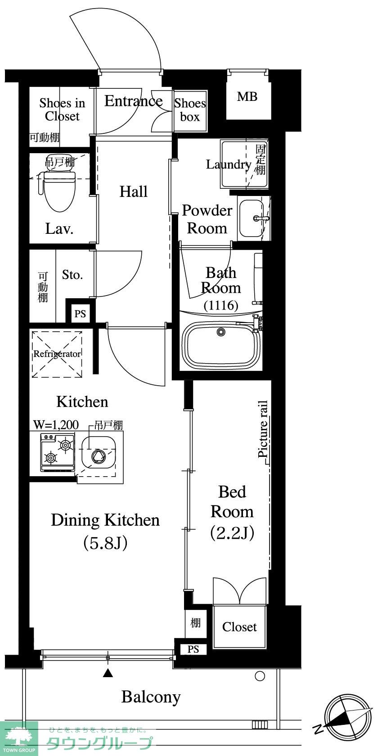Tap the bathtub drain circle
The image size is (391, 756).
coord(221,332)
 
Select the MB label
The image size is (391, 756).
coord(247,97)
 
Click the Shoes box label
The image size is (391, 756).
coord(190,110)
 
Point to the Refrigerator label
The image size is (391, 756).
coord(57,354)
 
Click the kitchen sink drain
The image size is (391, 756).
coord(99,456)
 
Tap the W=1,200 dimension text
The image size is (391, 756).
coord(56,425)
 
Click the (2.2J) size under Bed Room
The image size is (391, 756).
coord(232,533)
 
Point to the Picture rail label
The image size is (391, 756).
coord(263,429)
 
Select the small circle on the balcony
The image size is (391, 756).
coord(260,676)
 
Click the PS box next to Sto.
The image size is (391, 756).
coord(80,314)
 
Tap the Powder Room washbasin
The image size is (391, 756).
coord(252,219)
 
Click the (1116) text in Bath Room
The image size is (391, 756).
coord(221,305)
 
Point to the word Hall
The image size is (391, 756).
coord(134,191)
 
